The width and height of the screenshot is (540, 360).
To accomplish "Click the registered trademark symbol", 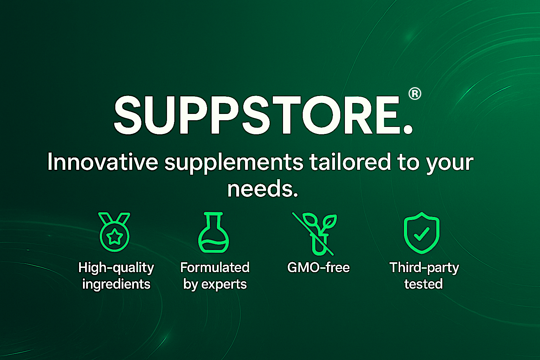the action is (x=415, y=94).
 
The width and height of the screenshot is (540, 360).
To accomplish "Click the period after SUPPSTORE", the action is (x=408, y=129).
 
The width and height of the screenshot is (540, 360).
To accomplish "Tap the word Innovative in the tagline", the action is (x=103, y=162).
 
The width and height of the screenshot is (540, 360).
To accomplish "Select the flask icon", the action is (x=213, y=232).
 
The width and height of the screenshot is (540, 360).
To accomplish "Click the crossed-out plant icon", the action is (x=315, y=234).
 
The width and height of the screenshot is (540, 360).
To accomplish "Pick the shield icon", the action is (x=422, y=233).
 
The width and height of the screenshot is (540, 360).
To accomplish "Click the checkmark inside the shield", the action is (x=422, y=234).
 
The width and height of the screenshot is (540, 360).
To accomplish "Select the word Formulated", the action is (x=215, y=268).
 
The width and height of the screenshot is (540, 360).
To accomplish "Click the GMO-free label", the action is (x=319, y=268).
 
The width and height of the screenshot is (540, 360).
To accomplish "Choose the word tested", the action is (x=424, y=284).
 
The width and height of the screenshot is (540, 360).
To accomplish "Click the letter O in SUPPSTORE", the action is (x=322, y=115).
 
